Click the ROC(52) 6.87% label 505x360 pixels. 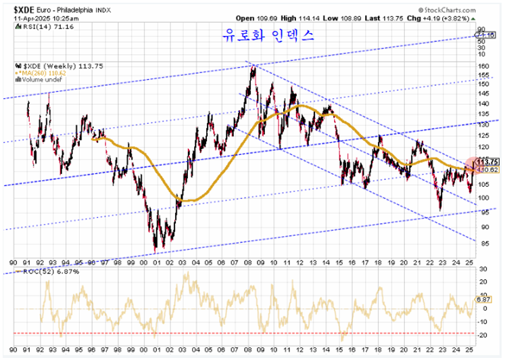click(42, 271)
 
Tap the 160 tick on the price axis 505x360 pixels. click(483, 66)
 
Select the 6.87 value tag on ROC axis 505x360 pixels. click(484, 299)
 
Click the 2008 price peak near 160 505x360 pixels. click(253, 66)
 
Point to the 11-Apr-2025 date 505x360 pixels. click(32, 19)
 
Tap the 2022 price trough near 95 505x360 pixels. click(439, 210)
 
